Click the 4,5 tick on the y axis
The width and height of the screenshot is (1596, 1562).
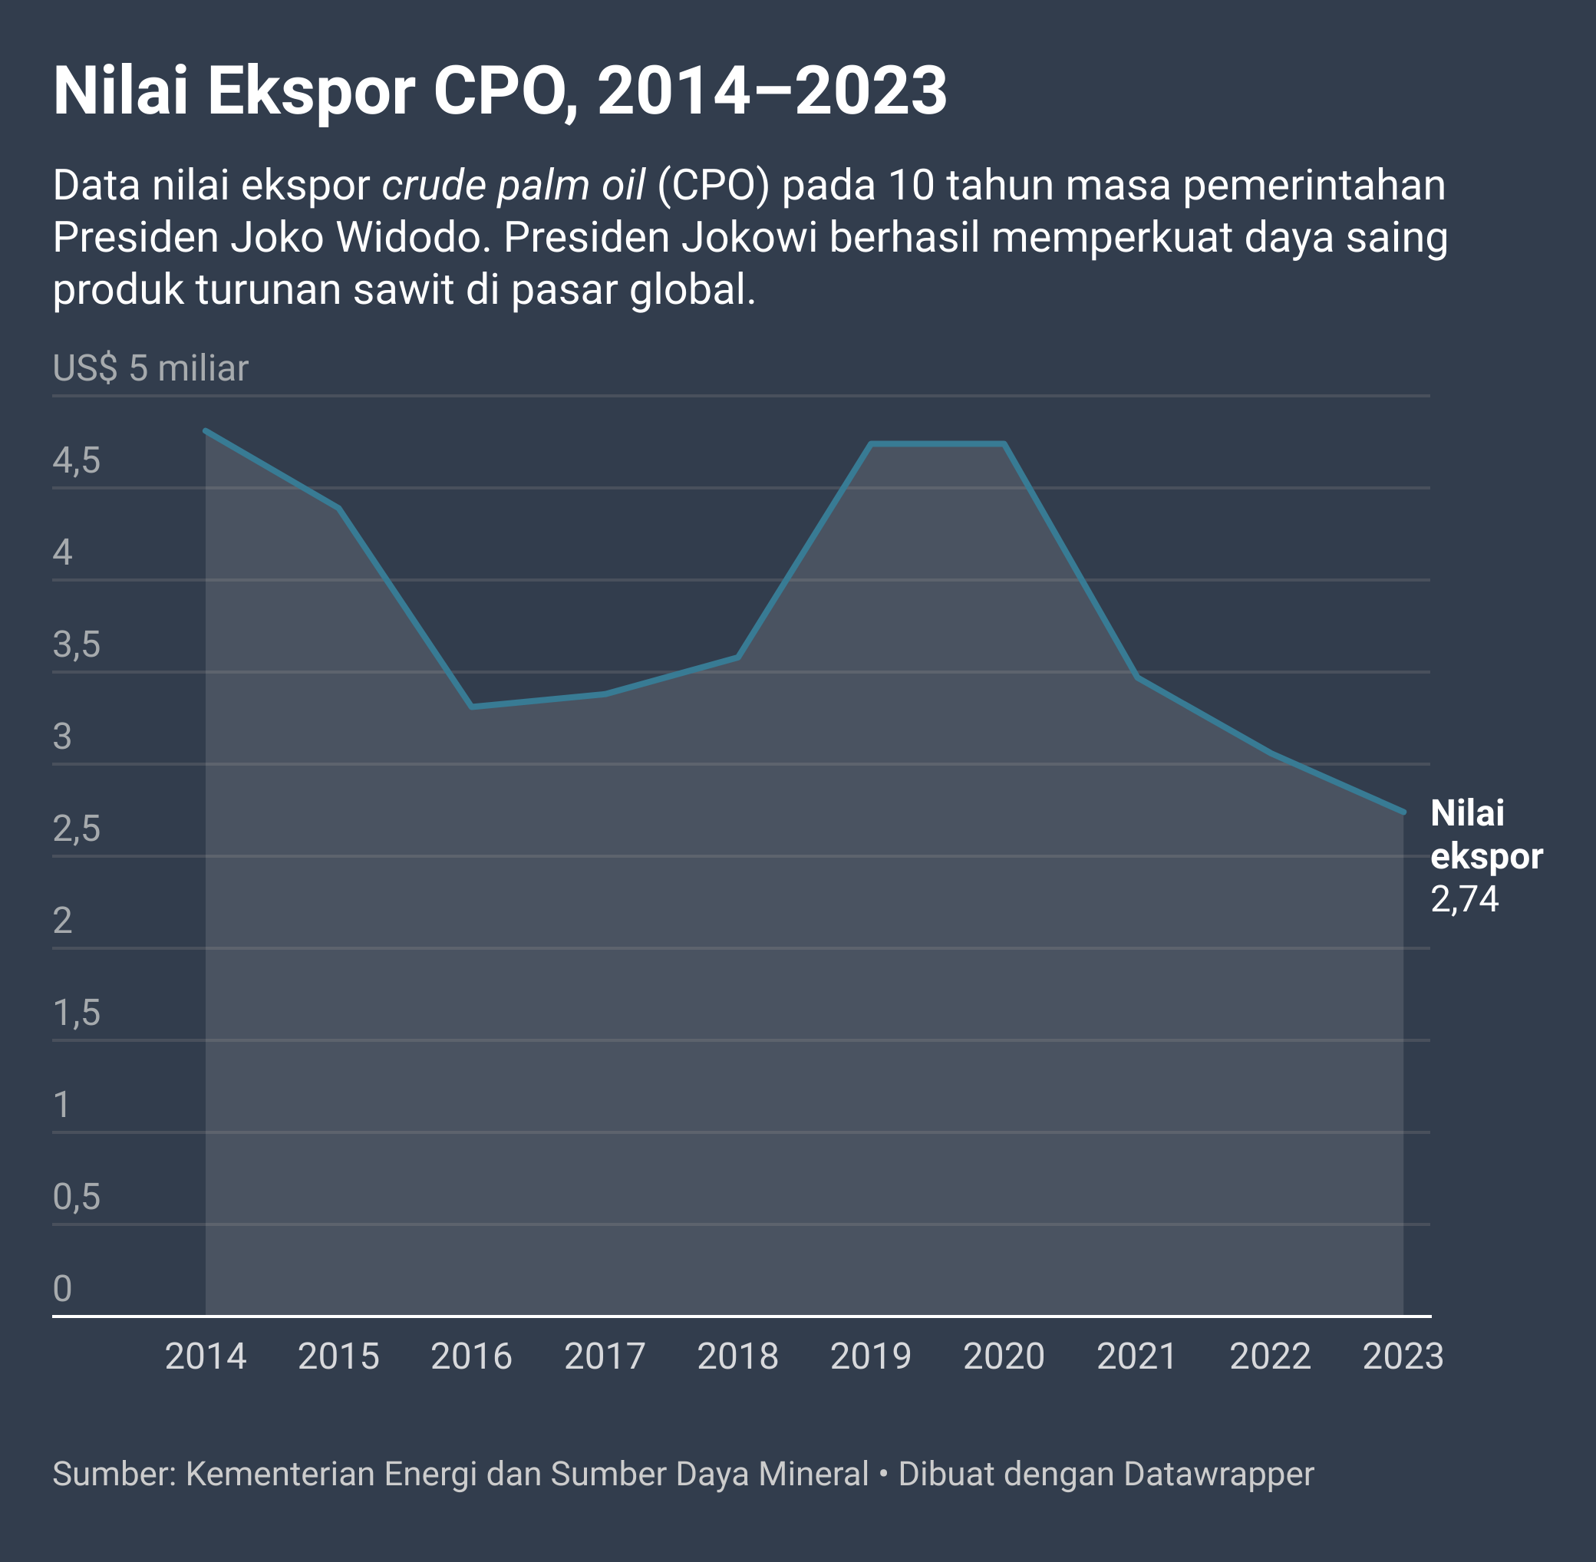point(76,461)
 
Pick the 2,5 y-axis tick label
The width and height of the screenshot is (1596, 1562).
point(76,829)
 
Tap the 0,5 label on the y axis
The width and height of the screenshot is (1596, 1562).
point(76,1197)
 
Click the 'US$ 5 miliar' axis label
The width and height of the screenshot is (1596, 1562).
point(150,368)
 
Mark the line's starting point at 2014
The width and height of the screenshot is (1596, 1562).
point(205,430)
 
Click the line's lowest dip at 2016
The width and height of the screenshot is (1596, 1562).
point(472,707)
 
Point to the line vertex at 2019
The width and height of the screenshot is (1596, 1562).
point(871,444)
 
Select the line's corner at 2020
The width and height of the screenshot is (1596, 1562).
point(1004,444)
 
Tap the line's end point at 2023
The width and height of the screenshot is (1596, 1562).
point(1403,812)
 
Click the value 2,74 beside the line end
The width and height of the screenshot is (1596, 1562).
point(1465,899)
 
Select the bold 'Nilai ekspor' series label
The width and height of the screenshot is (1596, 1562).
point(1486,835)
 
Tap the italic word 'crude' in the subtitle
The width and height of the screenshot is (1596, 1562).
point(434,186)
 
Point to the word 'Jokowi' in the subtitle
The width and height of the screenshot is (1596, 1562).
point(750,238)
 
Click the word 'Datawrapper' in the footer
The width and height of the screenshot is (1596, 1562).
point(1218,1475)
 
